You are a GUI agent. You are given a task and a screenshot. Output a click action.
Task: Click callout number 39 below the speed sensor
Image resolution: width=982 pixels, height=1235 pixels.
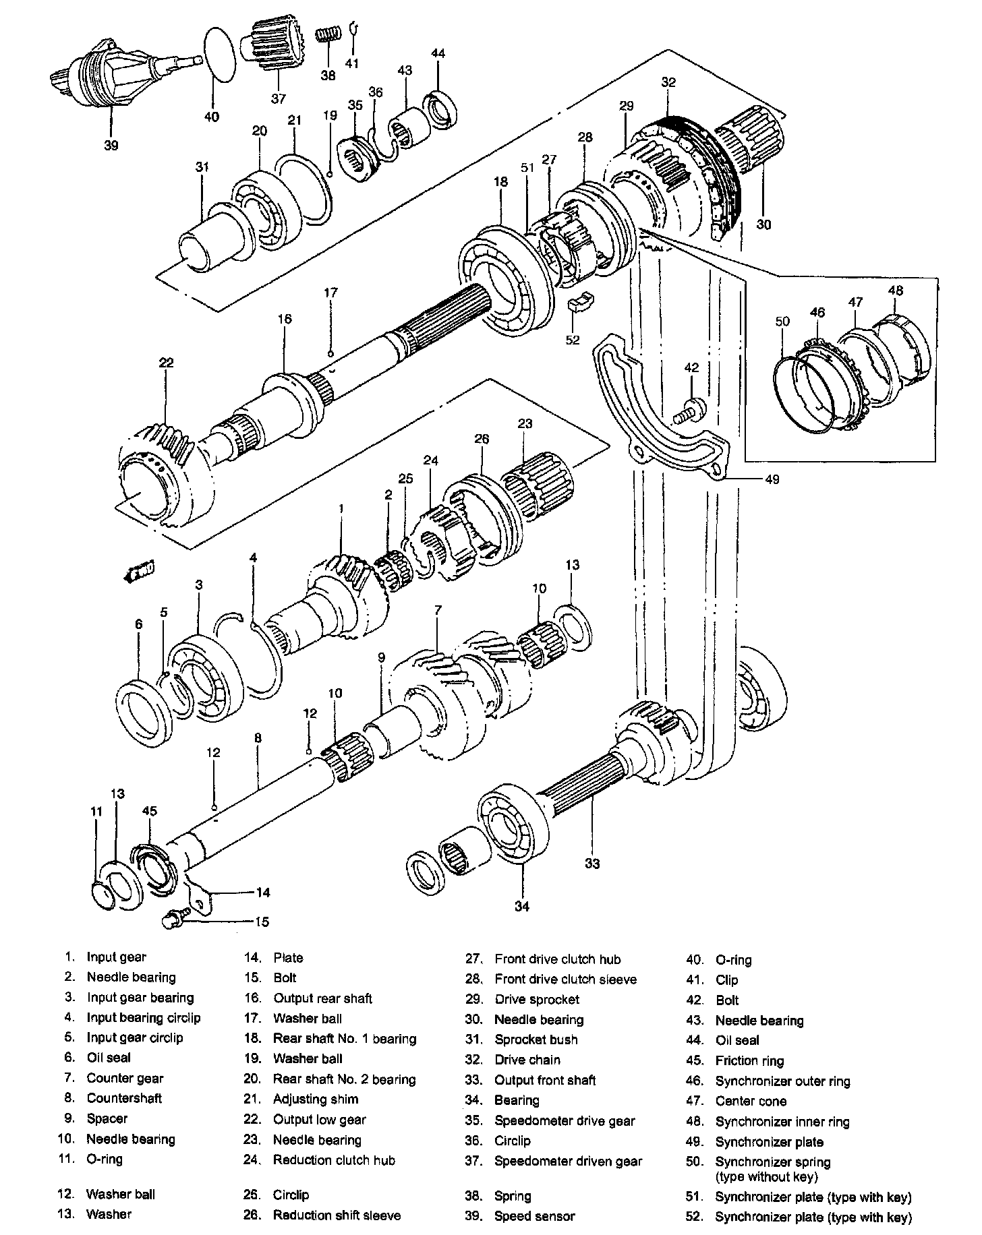point(111,144)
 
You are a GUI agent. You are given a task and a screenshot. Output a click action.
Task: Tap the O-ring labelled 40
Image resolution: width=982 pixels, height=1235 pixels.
point(221,55)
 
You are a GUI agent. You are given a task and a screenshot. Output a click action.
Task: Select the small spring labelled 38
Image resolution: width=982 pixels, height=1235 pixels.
point(328,34)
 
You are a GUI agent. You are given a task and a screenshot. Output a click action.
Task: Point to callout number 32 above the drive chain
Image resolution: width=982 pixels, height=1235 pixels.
point(668,82)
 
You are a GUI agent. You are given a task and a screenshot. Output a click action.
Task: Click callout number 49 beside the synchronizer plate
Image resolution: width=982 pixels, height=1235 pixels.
point(772,479)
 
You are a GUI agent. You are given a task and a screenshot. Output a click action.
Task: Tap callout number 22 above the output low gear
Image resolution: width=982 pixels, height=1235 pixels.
point(166,363)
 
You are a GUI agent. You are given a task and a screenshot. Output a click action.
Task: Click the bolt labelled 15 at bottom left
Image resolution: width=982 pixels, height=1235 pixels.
point(175,919)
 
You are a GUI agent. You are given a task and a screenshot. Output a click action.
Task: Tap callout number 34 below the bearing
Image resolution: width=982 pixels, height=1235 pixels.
point(522,907)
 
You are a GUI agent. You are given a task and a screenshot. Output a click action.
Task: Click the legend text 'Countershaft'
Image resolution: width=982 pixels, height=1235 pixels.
point(124,1098)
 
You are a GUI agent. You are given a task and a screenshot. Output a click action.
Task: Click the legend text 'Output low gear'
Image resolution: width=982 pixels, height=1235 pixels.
point(319,1120)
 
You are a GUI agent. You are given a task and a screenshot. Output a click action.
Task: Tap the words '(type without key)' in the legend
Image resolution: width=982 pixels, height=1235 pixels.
point(766,1177)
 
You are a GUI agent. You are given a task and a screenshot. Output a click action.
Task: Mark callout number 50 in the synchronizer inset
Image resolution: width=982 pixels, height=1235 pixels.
point(782,322)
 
